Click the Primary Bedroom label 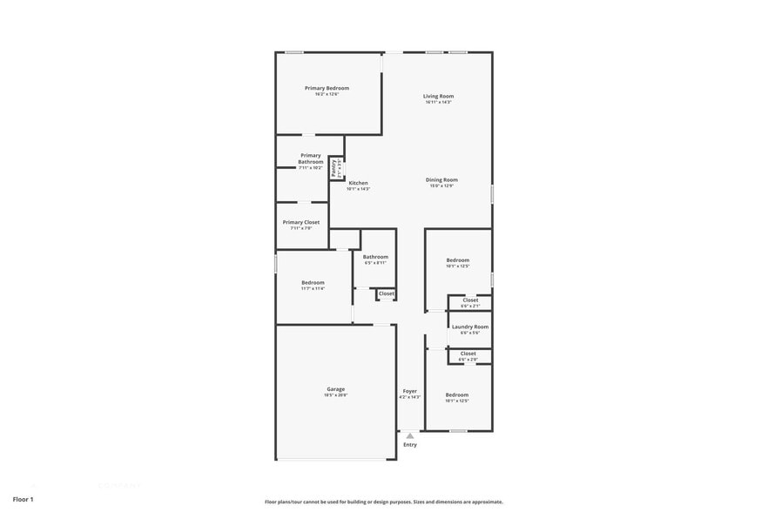tap(327, 88)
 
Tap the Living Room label tap(438, 96)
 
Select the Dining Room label tap(442, 179)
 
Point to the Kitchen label tap(358, 183)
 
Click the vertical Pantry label tap(333, 168)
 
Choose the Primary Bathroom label tap(311, 158)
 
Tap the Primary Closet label tap(301, 222)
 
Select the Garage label tap(336, 388)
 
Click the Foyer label tap(409, 391)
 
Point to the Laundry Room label tap(469, 327)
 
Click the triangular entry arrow tap(410, 435)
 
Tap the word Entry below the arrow tap(410, 445)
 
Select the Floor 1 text tap(23, 499)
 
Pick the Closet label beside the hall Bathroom tap(386, 293)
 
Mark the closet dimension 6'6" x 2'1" tap(469, 306)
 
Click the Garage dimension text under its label tap(336, 394)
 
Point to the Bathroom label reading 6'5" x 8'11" tap(375, 257)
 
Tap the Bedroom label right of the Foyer tap(457, 394)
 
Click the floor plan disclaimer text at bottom tap(384, 502)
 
